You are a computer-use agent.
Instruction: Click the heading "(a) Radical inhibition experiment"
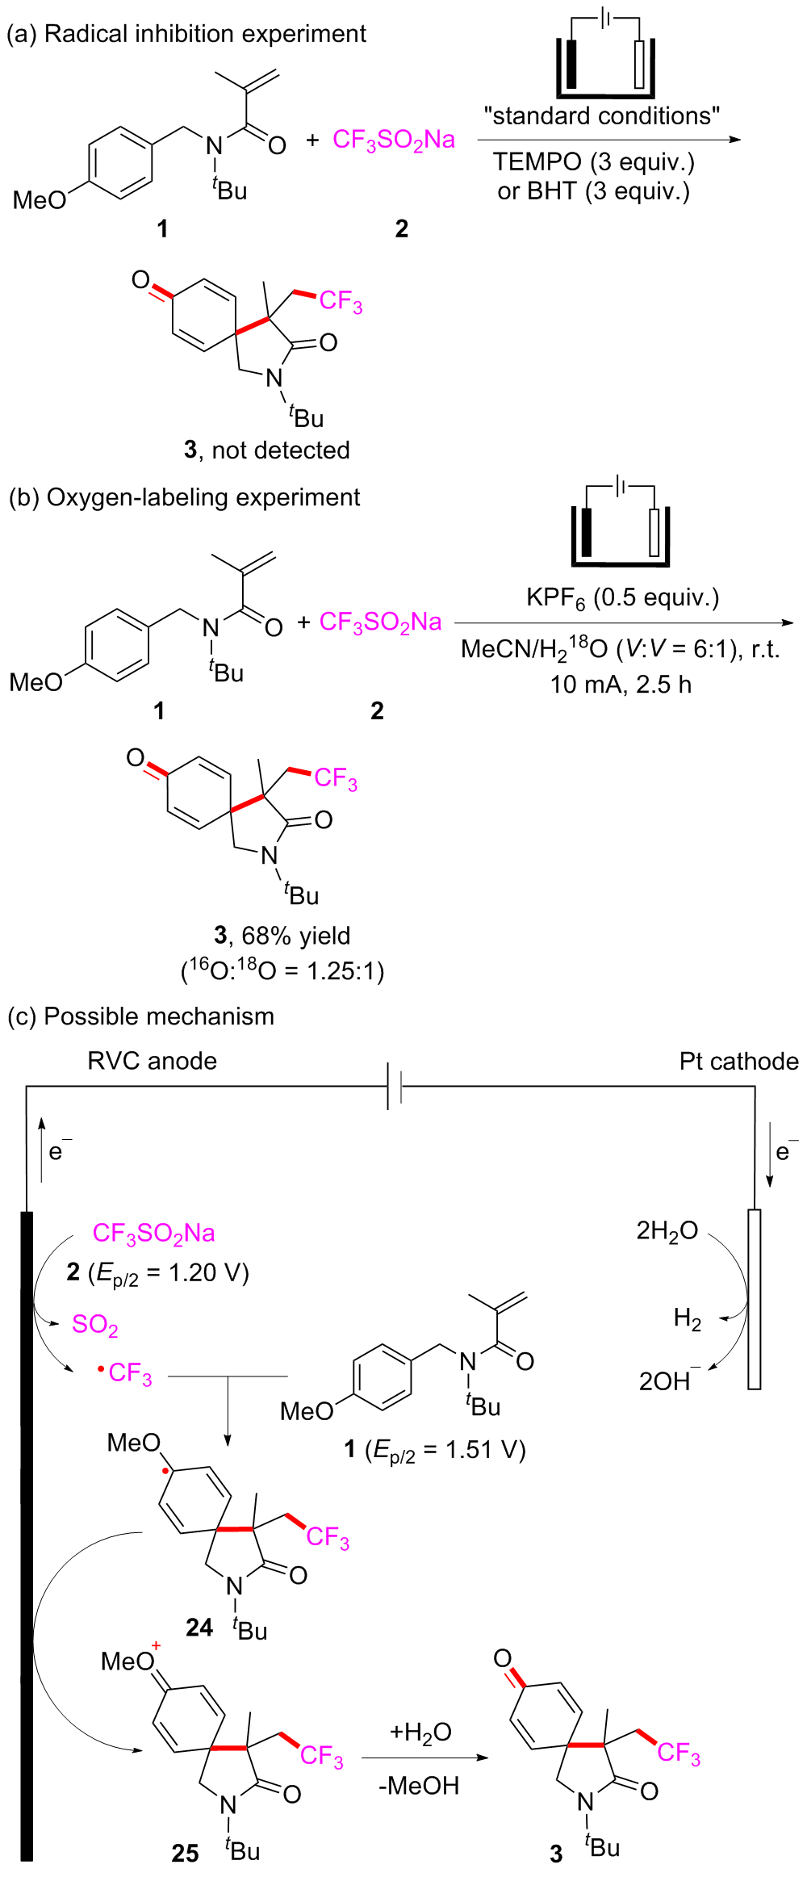point(186,34)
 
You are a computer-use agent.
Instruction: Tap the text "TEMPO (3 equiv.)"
point(593,162)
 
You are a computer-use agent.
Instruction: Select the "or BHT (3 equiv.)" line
point(593,191)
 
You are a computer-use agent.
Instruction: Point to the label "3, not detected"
point(267,450)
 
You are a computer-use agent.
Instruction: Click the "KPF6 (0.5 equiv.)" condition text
point(622,598)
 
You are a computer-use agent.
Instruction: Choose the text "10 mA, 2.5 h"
point(621,685)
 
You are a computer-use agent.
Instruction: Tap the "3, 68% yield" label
point(282,936)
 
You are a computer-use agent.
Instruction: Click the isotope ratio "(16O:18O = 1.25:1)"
point(282,970)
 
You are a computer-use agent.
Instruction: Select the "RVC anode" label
point(152,1061)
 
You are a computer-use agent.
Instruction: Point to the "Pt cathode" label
point(738,1061)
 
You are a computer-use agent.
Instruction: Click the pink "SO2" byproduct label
point(95,1325)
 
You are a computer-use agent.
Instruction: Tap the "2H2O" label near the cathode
point(667,1231)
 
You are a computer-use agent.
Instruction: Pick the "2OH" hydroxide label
point(667,1381)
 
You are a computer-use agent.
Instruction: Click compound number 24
point(199,1627)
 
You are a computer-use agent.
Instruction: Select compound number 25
point(185,1853)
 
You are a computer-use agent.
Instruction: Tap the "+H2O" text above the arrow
point(420,1732)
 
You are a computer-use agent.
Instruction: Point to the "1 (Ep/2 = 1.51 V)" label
point(435,1449)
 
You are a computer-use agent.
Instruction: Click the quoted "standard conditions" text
point(601,116)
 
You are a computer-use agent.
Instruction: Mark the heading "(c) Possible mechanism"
point(140,1016)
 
